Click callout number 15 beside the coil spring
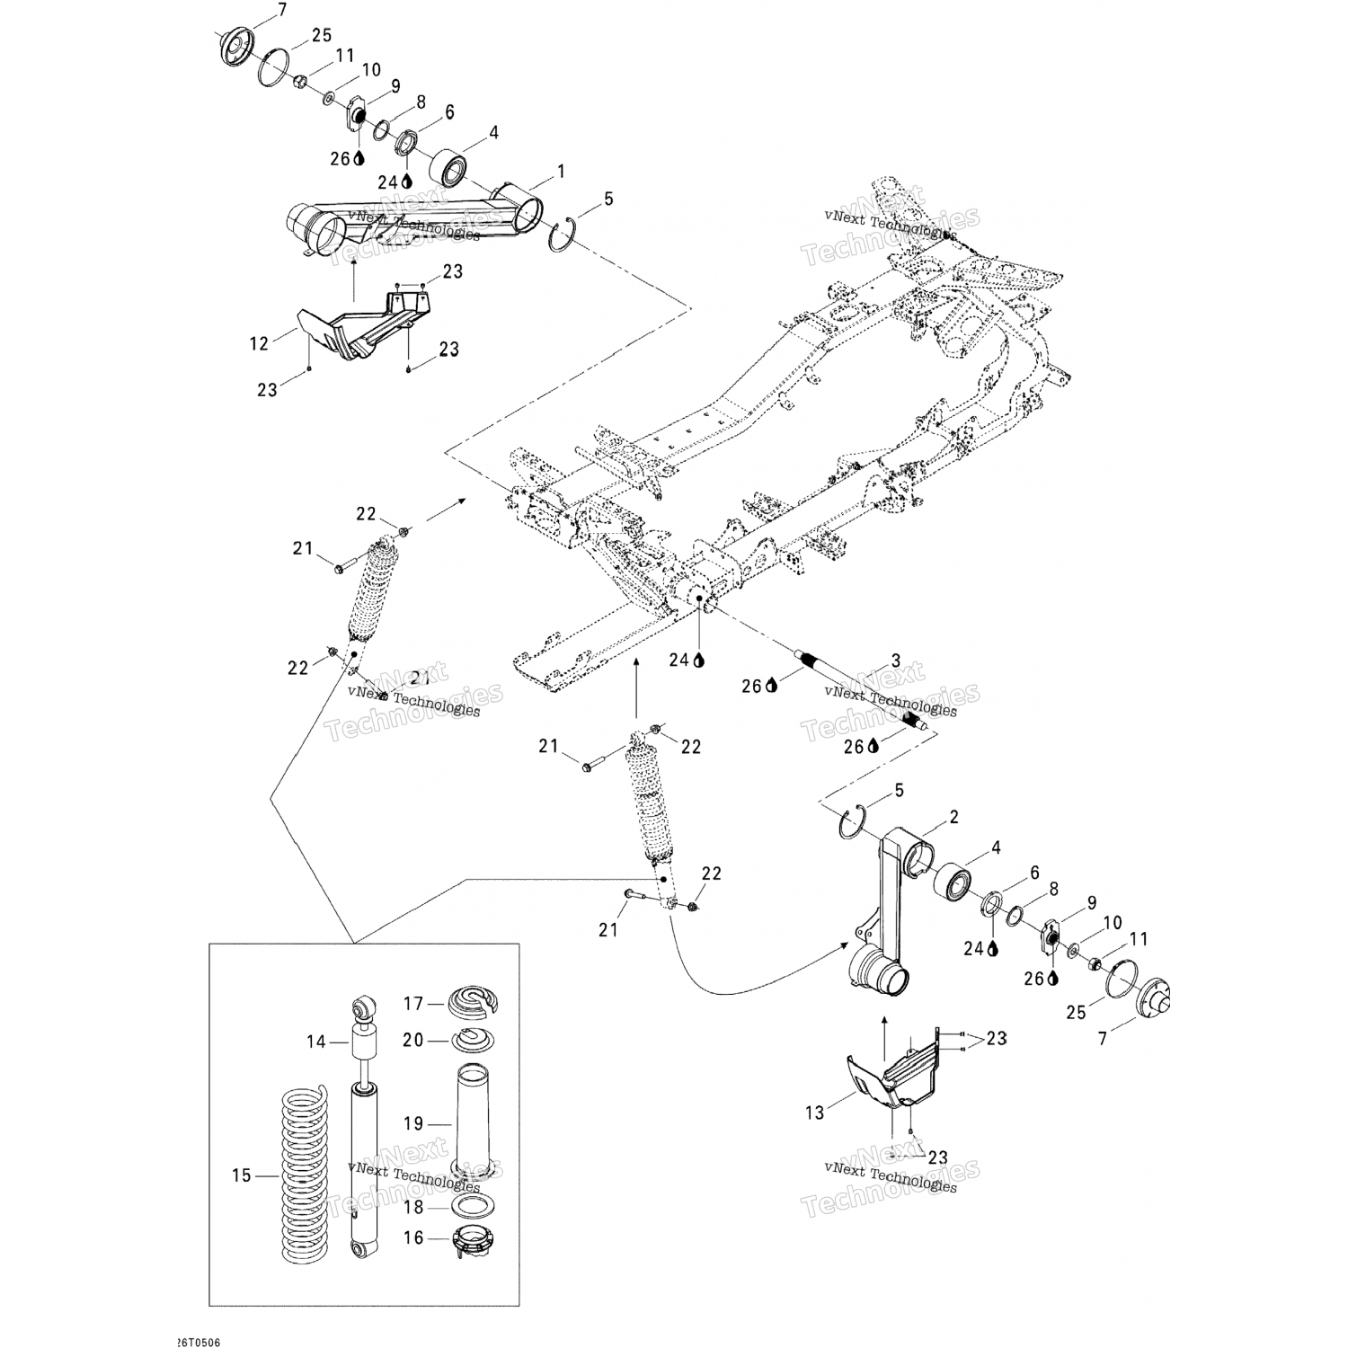(x=241, y=1175)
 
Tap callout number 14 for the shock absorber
(x=315, y=1042)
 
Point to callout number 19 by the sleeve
(x=412, y=1123)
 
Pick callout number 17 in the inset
(x=412, y=1003)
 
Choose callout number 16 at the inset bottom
(x=412, y=1238)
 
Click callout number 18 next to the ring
(x=412, y=1208)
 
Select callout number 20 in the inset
(x=412, y=1040)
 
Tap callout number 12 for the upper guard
(x=259, y=343)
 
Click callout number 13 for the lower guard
(x=814, y=1113)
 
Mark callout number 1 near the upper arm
(x=562, y=171)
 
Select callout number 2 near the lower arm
(x=953, y=817)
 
